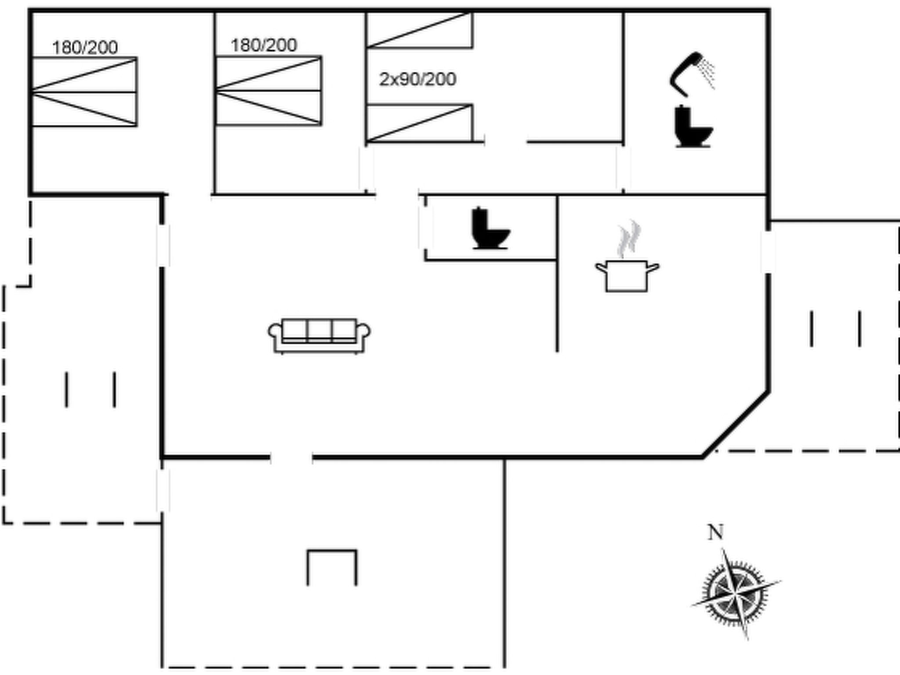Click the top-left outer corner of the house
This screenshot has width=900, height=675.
pyautogui.click(x=30, y=10)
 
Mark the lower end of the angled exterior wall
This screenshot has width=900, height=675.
pyautogui.click(x=702, y=457)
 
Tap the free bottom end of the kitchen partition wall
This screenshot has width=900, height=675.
pyautogui.click(x=557, y=351)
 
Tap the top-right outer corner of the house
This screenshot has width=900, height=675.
pyautogui.click(x=769, y=10)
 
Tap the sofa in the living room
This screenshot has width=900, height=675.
pyautogui.click(x=319, y=336)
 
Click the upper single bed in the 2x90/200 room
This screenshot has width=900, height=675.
pyautogui.click(x=419, y=30)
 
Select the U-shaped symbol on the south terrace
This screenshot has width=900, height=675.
pyautogui.click(x=332, y=567)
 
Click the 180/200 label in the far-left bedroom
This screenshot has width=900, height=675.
pyautogui.click(x=85, y=48)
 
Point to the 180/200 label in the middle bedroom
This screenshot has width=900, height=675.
pyautogui.click(x=264, y=45)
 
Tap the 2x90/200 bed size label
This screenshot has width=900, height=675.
pyautogui.click(x=417, y=80)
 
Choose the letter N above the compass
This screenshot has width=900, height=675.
pyautogui.click(x=715, y=532)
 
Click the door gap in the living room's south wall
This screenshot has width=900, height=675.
pyautogui.click(x=291, y=457)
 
